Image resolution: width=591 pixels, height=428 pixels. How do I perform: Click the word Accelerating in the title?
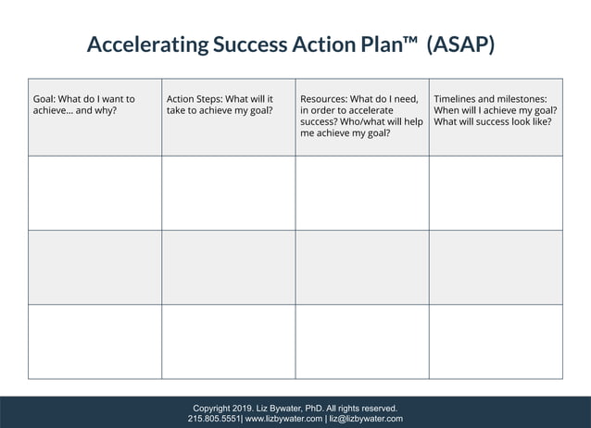point(146,44)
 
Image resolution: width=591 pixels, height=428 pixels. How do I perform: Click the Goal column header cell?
point(94,117)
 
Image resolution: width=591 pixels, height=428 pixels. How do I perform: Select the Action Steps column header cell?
point(228,117)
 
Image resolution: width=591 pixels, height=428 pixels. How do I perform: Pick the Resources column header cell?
point(361,117)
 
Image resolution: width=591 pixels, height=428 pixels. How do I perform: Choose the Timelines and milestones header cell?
point(496,117)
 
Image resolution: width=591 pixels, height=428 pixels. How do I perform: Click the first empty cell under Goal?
point(94,193)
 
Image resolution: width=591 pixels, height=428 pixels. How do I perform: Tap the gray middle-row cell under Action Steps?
point(228,267)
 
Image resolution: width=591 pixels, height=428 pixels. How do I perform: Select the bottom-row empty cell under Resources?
point(361,341)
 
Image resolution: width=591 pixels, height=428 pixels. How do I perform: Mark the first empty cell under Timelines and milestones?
point(496,193)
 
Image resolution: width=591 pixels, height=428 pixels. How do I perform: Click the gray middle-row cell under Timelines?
point(496,267)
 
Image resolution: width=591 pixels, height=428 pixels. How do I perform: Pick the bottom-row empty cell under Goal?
point(94,341)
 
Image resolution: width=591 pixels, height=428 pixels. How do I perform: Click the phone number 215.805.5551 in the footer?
point(214,419)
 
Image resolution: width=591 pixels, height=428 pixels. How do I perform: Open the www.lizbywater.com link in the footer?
point(283,419)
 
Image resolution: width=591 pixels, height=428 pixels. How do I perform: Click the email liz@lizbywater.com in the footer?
point(366,419)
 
